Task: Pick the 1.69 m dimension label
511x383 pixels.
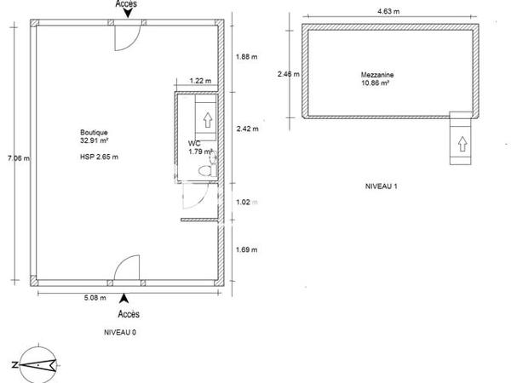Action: (245, 250)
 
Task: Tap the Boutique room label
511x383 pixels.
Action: (93, 133)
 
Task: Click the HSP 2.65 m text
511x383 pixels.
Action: (98, 157)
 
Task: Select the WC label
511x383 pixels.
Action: (194, 144)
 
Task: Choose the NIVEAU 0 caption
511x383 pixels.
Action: (118, 332)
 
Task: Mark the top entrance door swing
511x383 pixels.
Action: (125, 34)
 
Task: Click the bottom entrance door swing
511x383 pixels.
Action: (125, 267)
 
